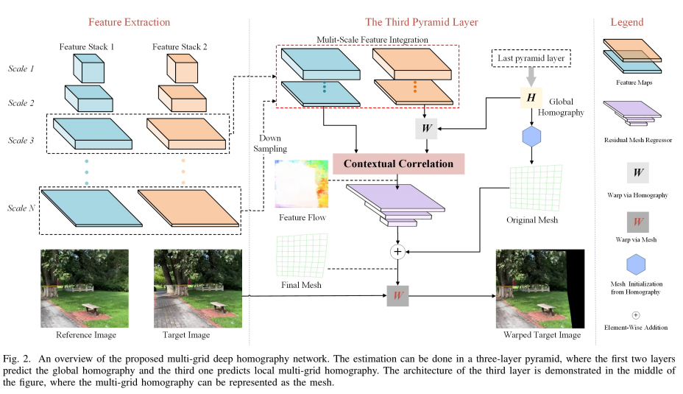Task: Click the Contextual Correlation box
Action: tap(399, 163)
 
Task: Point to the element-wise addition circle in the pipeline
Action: tap(398, 252)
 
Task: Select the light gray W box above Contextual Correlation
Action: tap(426, 128)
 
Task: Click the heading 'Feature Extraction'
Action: tap(130, 22)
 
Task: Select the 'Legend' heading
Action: tap(626, 22)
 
